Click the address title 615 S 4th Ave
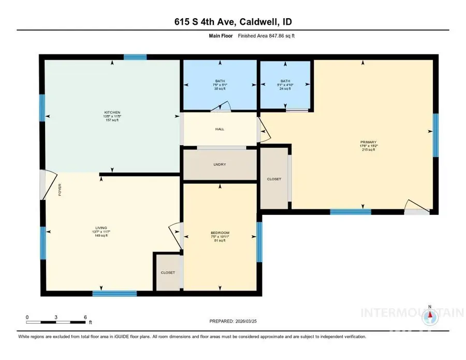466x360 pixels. click(232, 22)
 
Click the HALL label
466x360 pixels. click(220, 129)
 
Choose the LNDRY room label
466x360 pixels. click(220, 165)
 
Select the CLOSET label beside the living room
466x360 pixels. click(167, 272)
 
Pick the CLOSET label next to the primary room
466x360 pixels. click(274, 179)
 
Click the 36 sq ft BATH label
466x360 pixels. click(220, 84)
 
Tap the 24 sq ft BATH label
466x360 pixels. click(285, 84)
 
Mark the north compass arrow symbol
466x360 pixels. click(429, 313)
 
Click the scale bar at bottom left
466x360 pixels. click(56, 322)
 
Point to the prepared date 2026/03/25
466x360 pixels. click(233, 321)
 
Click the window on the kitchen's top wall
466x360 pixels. click(135, 57)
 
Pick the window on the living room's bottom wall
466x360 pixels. click(114, 294)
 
